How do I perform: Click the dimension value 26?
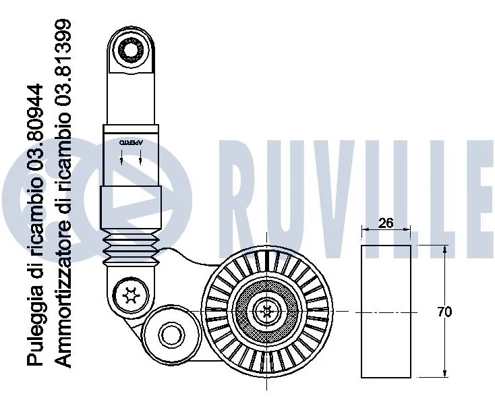tap(386, 224)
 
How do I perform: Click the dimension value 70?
tap(444, 312)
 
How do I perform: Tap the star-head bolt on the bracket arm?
tap(127, 295)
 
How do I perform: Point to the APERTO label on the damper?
tap(131, 143)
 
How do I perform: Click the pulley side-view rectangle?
tap(386, 312)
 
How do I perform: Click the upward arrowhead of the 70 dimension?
tap(444, 250)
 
